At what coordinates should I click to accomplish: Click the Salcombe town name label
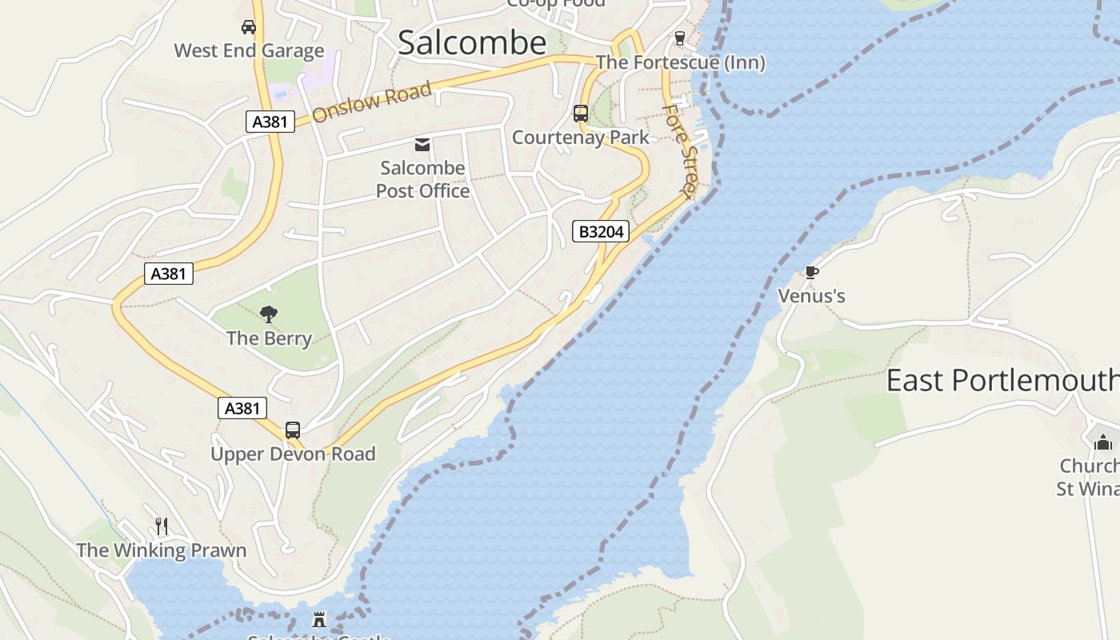[x=472, y=42]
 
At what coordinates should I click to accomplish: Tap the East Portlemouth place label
[x=1002, y=380]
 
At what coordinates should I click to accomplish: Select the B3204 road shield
[x=601, y=232]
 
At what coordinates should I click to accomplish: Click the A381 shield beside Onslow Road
[x=270, y=122]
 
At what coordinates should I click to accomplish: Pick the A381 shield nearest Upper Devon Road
[x=242, y=408]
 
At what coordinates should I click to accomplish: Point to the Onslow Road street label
[x=371, y=102]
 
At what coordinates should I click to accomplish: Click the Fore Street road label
[x=678, y=150]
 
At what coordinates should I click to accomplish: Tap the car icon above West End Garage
[x=249, y=27]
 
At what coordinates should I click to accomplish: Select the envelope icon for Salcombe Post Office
[x=422, y=145]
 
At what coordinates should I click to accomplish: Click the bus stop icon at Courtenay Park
[x=581, y=114]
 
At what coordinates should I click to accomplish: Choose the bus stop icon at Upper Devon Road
[x=293, y=430]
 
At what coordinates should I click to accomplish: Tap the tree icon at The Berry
[x=269, y=314]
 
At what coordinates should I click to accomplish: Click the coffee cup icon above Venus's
[x=811, y=273]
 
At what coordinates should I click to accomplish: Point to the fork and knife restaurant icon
[x=162, y=526]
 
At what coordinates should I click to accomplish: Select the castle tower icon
[x=319, y=619]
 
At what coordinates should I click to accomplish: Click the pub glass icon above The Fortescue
[x=680, y=38]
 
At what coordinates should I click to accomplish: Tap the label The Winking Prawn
[x=162, y=550]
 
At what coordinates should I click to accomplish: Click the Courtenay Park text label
[x=581, y=138]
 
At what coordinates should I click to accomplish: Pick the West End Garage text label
[x=249, y=51]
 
